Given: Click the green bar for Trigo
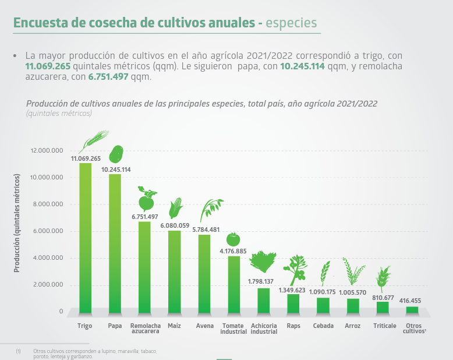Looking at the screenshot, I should coord(86,239).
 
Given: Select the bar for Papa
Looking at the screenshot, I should coord(115,245).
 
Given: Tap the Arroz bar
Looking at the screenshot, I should coord(353,306).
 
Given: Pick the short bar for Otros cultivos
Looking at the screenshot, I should coord(412,310).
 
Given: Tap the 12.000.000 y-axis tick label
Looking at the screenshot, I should coord(47,150).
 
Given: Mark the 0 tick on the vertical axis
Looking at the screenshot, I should coord(61,312).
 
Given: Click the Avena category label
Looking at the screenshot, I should coord(204,326).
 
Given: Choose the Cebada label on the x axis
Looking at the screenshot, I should coord(323,326).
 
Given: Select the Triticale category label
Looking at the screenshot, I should coord(384,326).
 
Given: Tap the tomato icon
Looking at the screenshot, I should coord(233,239).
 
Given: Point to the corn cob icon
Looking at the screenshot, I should coord(176,208).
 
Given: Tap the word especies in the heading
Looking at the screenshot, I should coord(291,23).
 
